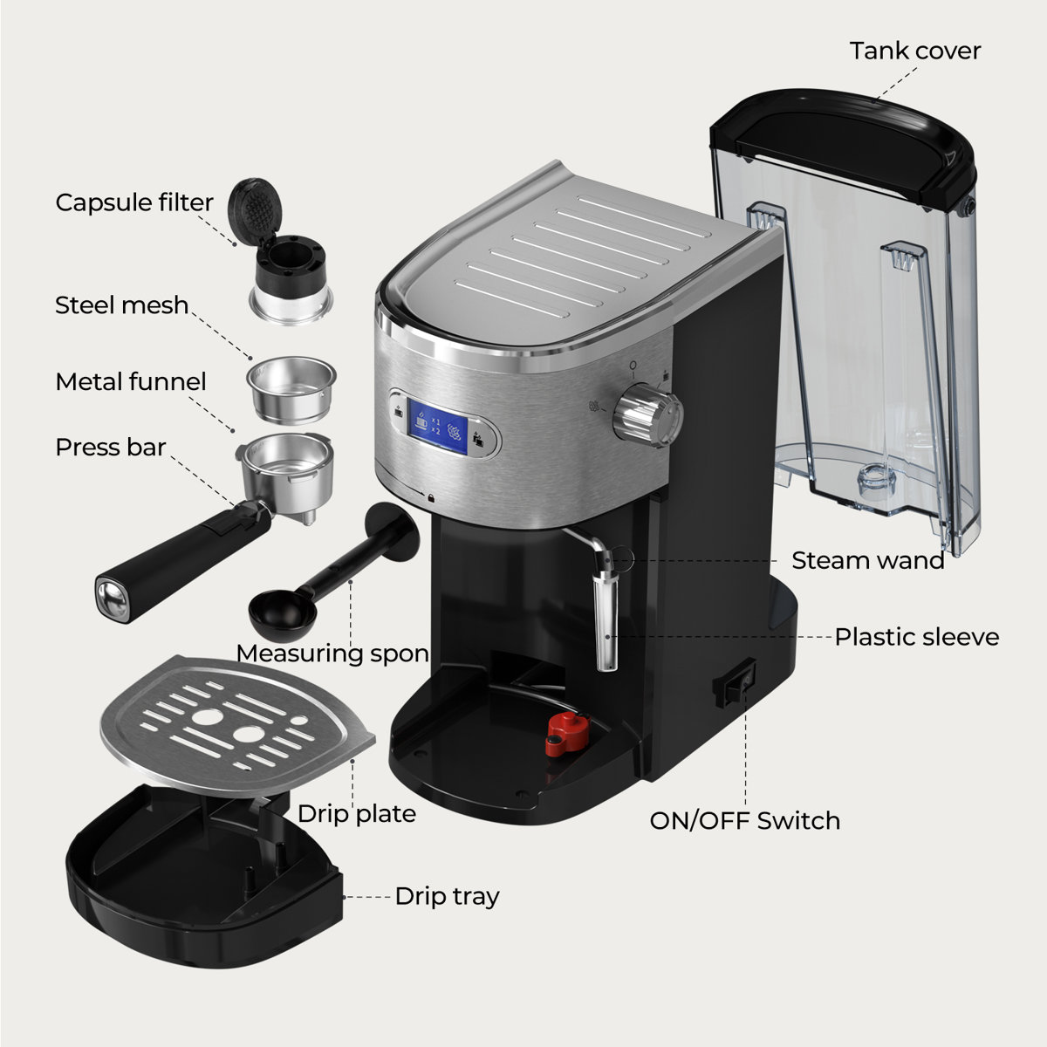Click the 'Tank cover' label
914,51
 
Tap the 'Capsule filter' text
134,202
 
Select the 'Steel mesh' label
121,305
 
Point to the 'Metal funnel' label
131,382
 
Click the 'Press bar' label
110,448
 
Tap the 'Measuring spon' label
332,654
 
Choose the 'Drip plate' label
356,814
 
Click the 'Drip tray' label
447,896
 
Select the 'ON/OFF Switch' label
744,821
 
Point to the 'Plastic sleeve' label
916,637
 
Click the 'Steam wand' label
867,560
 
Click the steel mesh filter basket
291,387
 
